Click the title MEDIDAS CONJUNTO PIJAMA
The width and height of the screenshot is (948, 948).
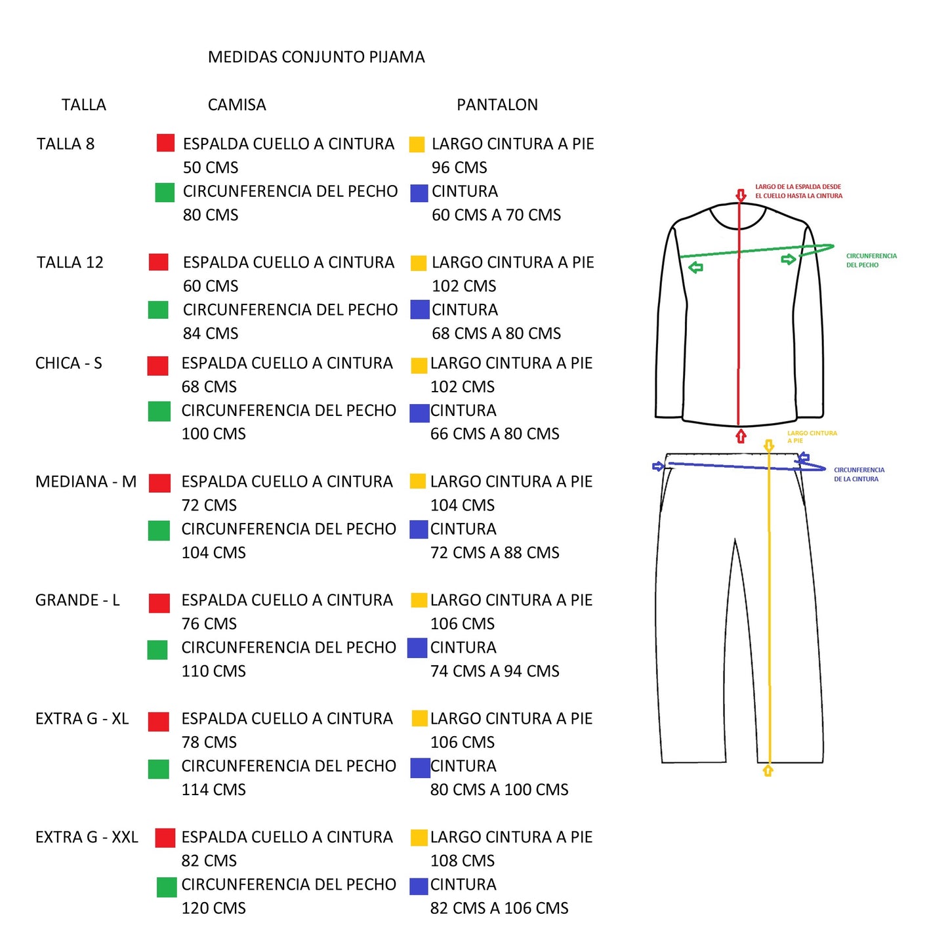click(316, 57)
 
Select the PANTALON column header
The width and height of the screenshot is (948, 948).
click(497, 105)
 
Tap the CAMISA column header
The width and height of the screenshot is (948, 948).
click(237, 105)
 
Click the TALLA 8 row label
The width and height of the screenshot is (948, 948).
click(66, 144)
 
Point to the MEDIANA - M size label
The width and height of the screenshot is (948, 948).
click(85, 481)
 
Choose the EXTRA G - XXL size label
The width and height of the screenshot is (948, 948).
click(87, 837)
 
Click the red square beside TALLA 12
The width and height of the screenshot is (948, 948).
click(158, 262)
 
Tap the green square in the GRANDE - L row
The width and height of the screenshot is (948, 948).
click(157, 649)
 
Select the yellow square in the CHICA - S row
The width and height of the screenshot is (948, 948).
click(419, 365)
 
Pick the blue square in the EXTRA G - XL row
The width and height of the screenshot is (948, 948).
click(420, 768)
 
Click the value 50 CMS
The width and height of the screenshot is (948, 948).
click(211, 167)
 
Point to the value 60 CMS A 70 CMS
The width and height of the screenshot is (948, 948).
click(496, 215)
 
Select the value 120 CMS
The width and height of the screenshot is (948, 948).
click(213, 908)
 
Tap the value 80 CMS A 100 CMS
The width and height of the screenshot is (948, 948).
click(499, 790)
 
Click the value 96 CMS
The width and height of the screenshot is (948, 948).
click(459, 167)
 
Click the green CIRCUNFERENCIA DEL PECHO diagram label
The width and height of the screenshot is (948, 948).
click(871, 260)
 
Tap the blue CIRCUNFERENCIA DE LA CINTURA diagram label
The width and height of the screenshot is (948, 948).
click(859, 474)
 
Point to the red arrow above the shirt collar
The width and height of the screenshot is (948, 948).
click(741, 196)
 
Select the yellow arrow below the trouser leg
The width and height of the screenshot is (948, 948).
click(768, 770)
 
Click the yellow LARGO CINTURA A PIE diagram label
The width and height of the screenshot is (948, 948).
click(812, 436)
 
